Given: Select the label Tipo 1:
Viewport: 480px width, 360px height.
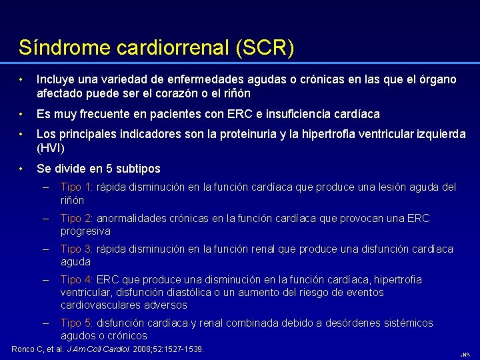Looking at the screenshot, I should coord(77,187).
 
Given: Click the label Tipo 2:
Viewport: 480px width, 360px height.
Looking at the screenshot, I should coord(77,219).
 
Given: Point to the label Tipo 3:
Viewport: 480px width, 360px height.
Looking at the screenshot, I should coord(77,249).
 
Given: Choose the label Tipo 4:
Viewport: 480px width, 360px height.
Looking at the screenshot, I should coord(77,280).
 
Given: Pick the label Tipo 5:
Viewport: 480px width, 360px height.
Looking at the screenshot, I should coord(77,323).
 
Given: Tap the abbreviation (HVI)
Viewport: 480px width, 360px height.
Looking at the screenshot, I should coord(50,148).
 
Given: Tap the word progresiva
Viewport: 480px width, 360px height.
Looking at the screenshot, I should coord(85,231).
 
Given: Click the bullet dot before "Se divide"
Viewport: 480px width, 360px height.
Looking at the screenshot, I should coord(22,169).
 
